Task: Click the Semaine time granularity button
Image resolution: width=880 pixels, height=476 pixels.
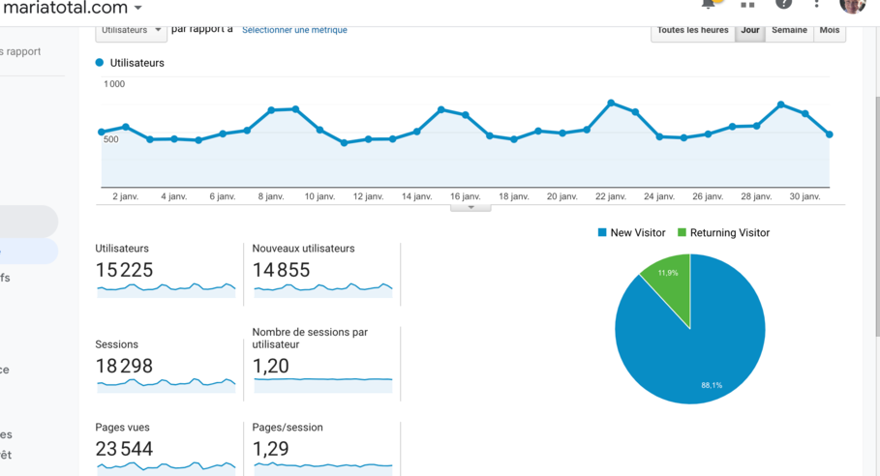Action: [x=789, y=31]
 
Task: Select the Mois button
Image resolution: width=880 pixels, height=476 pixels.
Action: [x=830, y=31]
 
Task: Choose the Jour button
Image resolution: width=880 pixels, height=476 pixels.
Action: [x=750, y=31]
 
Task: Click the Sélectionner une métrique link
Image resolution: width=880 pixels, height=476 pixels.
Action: [x=294, y=30]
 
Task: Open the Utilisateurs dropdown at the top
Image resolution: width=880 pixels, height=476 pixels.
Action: [x=132, y=31]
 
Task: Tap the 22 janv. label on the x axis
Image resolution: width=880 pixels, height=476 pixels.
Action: [x=611, y=196]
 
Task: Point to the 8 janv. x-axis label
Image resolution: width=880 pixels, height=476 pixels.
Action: [x=271, y=196]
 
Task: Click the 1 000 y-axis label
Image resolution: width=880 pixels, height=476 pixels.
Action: [x=114, y=84]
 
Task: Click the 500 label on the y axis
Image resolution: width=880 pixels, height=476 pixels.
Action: [x=111, y=139]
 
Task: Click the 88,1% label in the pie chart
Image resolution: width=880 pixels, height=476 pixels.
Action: [x=712, y=385]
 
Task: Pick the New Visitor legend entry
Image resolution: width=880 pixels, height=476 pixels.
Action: [x=631, y=233]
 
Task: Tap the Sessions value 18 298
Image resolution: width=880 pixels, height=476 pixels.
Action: [x=124, y=366]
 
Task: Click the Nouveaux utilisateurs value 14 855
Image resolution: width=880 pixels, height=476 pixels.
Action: [x=281, y=270]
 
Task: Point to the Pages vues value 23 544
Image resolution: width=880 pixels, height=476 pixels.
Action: [x=124, y=449]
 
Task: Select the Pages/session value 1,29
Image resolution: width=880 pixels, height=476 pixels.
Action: [x=270, y=449]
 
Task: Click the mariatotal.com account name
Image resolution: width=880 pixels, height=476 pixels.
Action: [x=65, y=8]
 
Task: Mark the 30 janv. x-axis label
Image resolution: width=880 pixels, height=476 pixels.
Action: [x=804, y=196]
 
